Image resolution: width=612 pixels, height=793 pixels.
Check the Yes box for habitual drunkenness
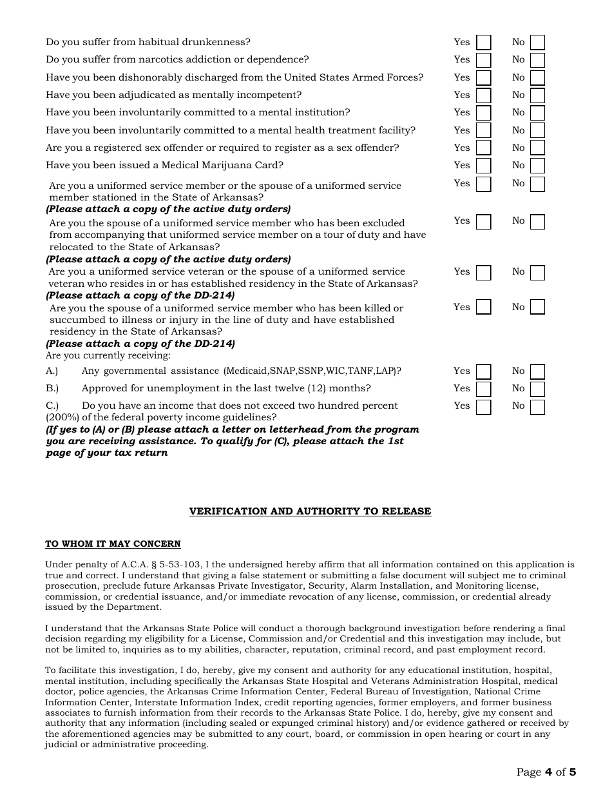tap(483, 43)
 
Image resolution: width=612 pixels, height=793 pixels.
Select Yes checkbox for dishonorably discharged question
tap(483, 78)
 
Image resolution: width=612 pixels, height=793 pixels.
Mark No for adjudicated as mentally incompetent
tap(537, 95)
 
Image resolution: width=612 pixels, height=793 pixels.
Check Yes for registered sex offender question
tap(483, 148)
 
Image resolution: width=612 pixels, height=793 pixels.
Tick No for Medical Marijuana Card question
tap(537, 166)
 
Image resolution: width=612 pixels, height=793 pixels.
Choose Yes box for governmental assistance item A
tap(483, 371)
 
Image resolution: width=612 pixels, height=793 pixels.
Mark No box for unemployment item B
tap(537, 389)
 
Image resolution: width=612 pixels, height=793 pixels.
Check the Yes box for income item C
tap(483, 406)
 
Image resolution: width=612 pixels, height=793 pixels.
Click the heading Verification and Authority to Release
tap(310, 511)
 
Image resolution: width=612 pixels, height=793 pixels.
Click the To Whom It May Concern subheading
tap(113, 544)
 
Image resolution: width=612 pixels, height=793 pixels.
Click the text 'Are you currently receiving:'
tap(108, 355)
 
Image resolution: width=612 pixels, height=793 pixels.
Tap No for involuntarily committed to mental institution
tap(537, 113)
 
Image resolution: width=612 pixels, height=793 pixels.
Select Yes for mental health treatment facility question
tap(483, 131)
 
